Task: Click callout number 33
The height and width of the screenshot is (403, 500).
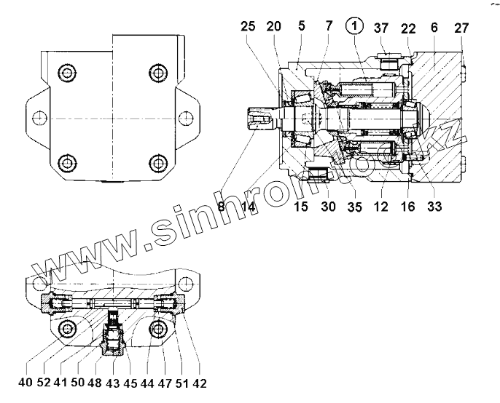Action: click(x=434, y=207)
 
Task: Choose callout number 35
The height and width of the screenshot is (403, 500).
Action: click(x=356, y=207)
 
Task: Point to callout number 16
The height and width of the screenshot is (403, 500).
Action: click(x=407, y=207)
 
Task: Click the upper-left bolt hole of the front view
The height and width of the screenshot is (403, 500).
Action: click(x=68, y=73)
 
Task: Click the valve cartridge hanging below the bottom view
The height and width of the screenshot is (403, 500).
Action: click(x=114, y=337)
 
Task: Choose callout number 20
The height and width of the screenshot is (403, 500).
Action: click(x=274, y=26)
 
